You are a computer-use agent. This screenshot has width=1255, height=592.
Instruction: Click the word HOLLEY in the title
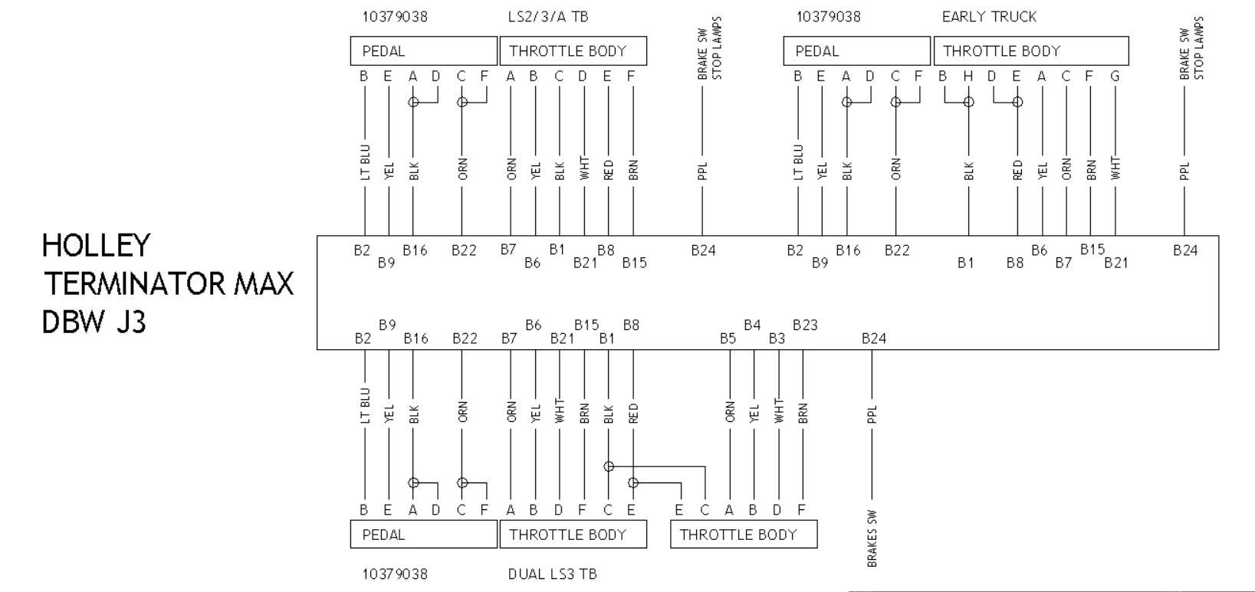pos(97,246)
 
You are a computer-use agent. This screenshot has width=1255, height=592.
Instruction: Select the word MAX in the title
pos(263,283)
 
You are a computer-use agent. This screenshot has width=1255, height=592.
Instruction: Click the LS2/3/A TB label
pos(548,17)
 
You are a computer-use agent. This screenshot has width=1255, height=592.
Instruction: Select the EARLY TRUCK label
pos(989,17)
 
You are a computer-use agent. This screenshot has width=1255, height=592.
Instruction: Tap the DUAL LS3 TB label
pos(552,574)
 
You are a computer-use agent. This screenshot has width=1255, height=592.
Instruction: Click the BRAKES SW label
pos(872,538)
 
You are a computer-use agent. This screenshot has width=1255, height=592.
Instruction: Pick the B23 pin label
pos(805,325)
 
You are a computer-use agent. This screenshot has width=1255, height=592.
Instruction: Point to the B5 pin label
pos(728,339)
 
